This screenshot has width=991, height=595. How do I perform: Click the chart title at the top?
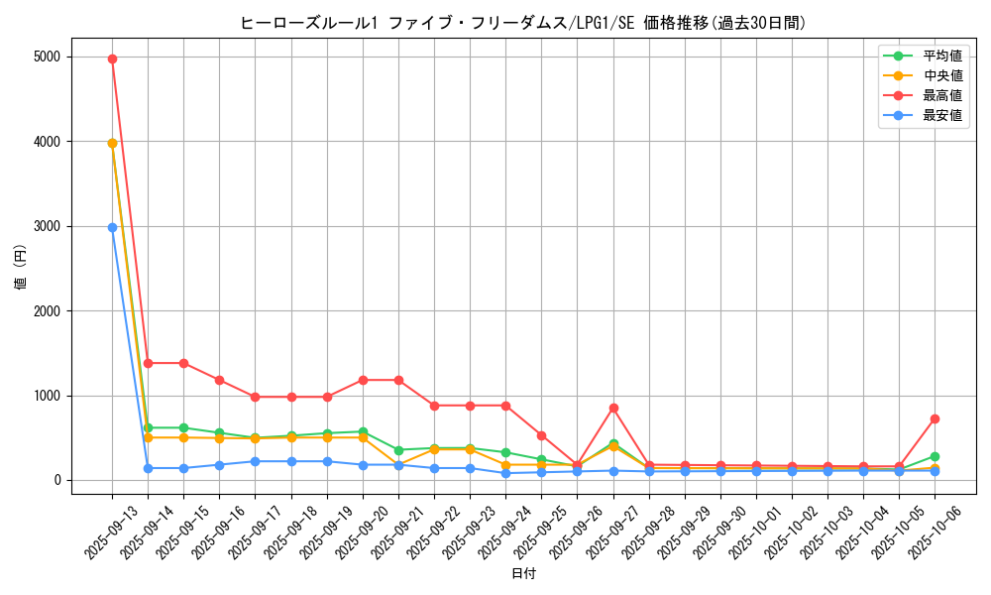point(522,23)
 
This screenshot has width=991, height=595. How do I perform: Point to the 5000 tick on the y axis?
point(48,58)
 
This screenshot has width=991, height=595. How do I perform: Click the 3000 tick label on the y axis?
point(48,227)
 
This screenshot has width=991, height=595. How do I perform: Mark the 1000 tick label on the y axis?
point(48,396)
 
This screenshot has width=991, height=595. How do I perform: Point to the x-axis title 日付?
point(523,574)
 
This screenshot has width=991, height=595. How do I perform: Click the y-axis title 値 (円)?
point(21,269)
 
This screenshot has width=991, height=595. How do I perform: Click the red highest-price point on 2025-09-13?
point(112,59)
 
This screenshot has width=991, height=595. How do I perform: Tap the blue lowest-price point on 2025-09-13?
point(112,227)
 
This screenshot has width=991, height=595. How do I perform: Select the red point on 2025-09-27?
point(613,408)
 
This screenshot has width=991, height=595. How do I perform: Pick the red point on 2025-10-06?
point(935,418)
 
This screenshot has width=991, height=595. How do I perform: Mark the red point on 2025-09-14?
point(148,363)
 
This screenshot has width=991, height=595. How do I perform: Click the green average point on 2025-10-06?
point(935,456)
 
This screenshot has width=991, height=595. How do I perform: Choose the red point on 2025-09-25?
point(541,435)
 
